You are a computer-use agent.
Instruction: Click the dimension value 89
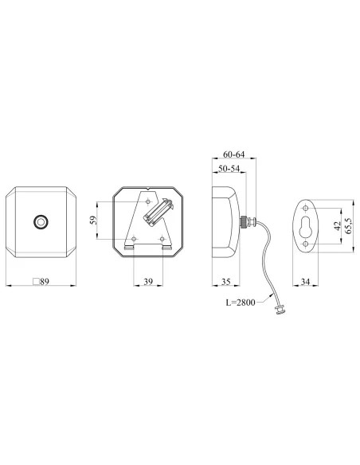[45, 281]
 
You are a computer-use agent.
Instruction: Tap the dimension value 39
[148, 281]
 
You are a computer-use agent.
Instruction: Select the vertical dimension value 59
[93, 220]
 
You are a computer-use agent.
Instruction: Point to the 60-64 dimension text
[233, 154]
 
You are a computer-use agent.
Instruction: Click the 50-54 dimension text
[229, 169]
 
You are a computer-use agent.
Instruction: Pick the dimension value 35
[226, 281]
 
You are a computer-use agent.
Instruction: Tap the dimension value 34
[305, 281]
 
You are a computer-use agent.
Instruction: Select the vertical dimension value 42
[338, 226]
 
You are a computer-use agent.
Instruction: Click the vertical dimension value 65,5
[348, 226]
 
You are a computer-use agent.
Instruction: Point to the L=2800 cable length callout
[241, 303]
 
